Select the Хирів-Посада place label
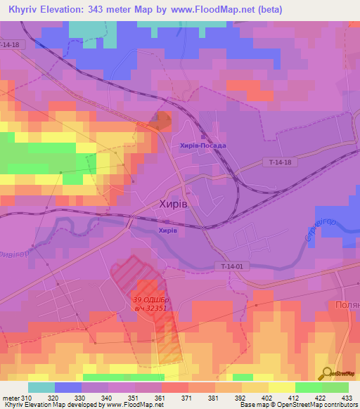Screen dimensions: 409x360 203,145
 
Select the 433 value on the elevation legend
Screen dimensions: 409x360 346,397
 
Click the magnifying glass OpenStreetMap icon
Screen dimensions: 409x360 326,373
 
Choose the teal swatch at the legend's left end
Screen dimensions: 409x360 41,387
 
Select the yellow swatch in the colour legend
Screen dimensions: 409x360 281,387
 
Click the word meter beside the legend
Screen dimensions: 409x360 11,397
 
